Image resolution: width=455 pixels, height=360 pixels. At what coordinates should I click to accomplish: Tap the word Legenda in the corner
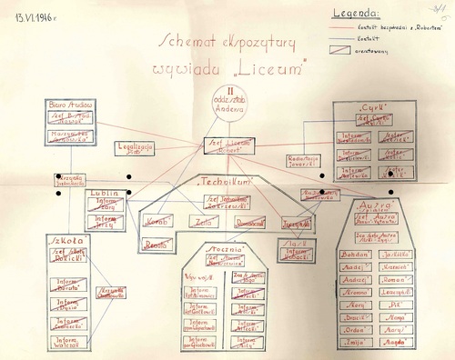click(356, 15)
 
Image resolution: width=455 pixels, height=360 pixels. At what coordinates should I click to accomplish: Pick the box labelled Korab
click(156, 221)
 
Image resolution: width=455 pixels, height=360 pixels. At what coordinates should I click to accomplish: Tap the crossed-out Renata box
click(157, 243)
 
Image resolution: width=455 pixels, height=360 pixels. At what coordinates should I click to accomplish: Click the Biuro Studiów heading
click(69, 105)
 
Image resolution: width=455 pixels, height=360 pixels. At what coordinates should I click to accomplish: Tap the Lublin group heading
click(101, 194)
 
